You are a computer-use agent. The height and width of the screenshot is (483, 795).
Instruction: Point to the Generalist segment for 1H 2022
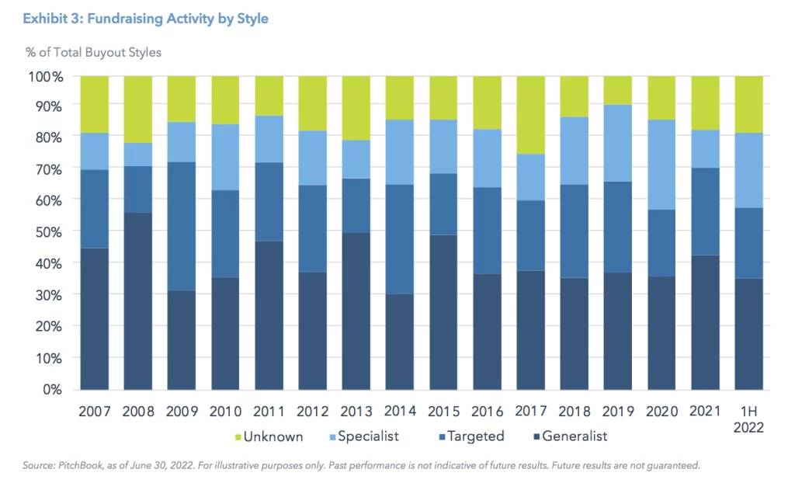[x=749, y=333]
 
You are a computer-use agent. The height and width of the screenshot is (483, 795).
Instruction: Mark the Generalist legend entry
[x=571, y=436]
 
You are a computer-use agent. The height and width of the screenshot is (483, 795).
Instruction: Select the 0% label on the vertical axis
[x=53, y=389]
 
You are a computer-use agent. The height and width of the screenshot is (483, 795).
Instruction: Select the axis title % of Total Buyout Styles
[x=93, y=52]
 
